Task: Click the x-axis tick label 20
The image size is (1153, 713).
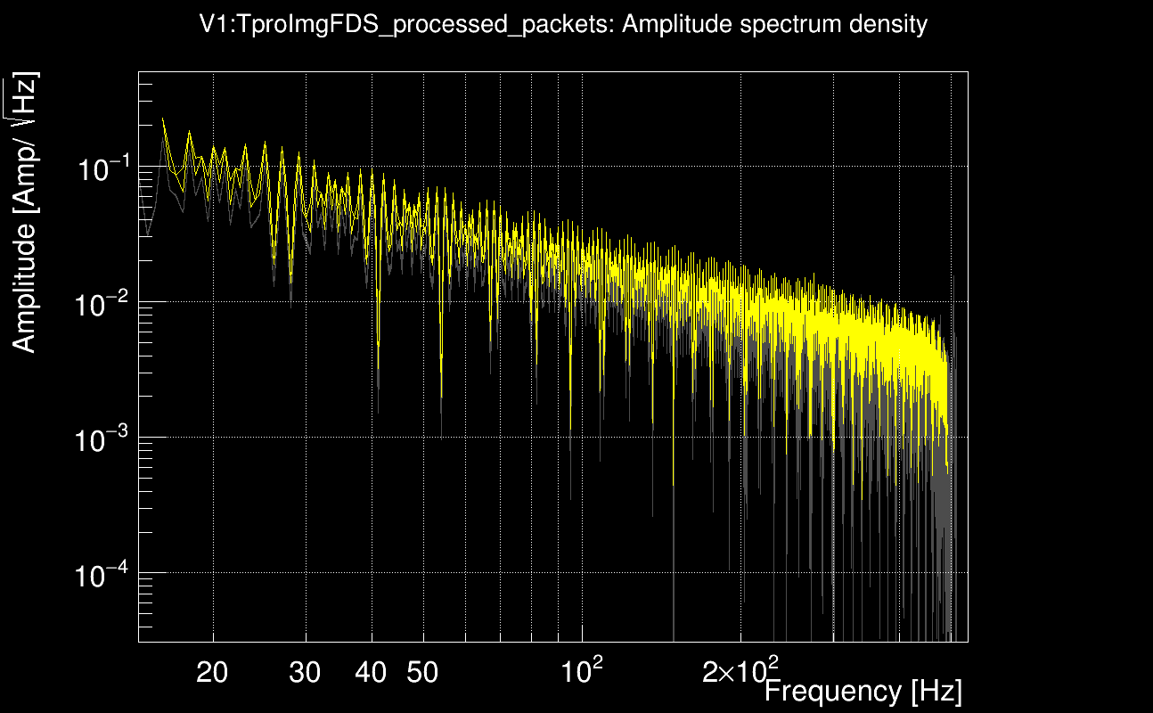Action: (212, 673)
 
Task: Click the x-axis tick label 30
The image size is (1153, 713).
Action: (306, 673)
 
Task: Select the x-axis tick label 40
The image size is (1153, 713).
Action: (371, 673)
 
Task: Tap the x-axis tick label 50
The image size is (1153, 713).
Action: (422, 673)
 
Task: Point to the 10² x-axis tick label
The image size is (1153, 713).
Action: (584, 671)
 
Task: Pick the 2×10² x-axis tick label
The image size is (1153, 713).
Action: (740, 671)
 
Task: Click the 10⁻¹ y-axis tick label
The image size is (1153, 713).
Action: (103, 168)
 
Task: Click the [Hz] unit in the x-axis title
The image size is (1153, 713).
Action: (935, 691)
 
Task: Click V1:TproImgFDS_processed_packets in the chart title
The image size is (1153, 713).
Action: (407, 25)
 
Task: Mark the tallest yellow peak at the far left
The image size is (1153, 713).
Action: (162, 119)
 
